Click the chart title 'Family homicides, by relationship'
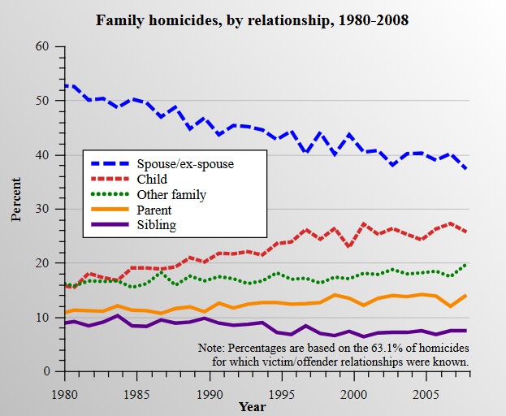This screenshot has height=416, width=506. pyautogui.click(x=252, y=19)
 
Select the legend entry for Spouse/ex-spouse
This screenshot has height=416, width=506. pyautogui.click(x=186, y=164)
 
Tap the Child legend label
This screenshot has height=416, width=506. pyautogui.click(x=153, y=179)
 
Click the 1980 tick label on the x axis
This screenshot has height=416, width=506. pyautogui.click(x=65, y=394)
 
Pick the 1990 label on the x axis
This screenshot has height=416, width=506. pyautogui.click(x=209, y=394)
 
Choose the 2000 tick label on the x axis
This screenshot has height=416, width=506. pyautogui.click(x=352, y=394)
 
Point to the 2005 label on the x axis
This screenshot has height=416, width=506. pyautogui.click(x=423, y=394)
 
